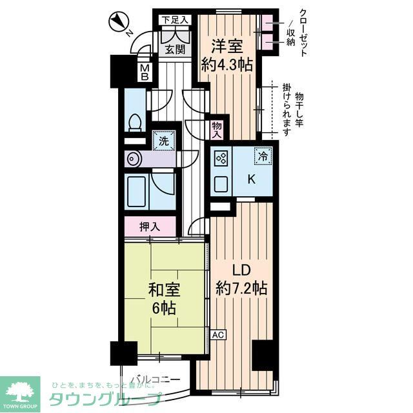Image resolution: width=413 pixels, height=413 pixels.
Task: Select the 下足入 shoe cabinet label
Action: (174, 20)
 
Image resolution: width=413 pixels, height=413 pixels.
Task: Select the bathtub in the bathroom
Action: (137, 190)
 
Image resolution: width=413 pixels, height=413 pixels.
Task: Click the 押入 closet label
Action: (150, 227)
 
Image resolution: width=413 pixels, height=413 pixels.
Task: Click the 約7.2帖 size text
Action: (242, 289)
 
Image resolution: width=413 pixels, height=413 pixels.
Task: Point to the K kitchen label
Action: (252, 181)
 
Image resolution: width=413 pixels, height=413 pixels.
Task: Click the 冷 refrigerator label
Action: (263, 156)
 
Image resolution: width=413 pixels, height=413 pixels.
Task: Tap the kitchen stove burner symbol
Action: (220, 159)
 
